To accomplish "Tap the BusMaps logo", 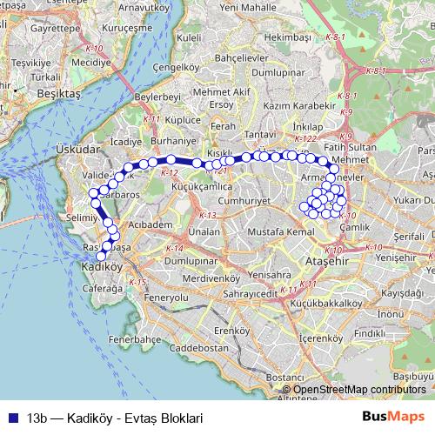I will (x=393, y=416).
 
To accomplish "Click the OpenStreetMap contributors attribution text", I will (x=359, y=390).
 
